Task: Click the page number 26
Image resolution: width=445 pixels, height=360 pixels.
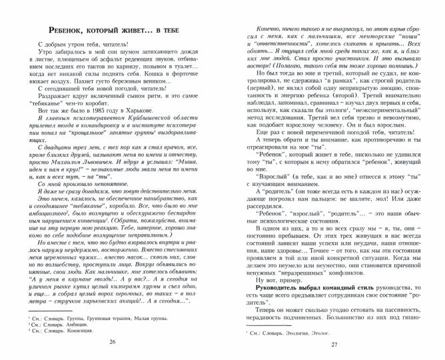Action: [112, 342]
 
